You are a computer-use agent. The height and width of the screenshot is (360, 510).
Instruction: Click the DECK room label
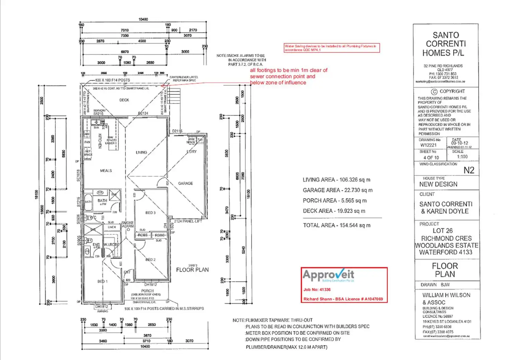(x=124, y=100)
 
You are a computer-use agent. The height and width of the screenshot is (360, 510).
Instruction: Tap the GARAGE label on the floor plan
(x=185, y=183)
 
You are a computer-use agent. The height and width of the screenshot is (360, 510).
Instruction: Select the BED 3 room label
(x=150, y=213)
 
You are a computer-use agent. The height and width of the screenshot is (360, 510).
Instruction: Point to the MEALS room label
(x=106, y=171)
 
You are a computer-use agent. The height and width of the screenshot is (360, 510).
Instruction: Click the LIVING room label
(x=141, y=152)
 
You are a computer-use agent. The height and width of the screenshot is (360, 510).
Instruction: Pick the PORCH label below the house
(x=147, y=291)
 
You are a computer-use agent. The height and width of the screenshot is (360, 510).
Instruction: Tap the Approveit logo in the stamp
(x=328, y=275)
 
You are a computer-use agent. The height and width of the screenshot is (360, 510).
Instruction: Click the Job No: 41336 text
(x=317, y=290)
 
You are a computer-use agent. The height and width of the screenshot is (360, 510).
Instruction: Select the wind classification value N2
(x=469, y=170)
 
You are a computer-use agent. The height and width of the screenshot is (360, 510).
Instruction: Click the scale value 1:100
(x=462, y=157)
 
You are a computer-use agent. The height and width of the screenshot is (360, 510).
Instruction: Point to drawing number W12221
(x=428, y=145)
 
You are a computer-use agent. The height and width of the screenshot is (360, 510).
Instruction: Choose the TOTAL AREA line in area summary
(x=336, y=225)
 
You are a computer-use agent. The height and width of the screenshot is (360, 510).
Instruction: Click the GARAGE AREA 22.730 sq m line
(x=337, y=190)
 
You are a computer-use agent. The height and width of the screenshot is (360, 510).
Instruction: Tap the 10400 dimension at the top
(x=143, y=19)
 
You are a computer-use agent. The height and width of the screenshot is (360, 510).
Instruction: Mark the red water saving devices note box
(x=332, y=48)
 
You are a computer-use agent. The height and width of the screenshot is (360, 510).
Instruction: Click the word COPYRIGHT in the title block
(x=452, y=91)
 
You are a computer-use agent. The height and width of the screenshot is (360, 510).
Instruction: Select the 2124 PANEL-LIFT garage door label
(x=188, y=221)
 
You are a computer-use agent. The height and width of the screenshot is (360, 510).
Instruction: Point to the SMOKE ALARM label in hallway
(x=127, y=224)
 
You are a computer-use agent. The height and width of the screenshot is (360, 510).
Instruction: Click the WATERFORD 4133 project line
(x=446, y=252)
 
